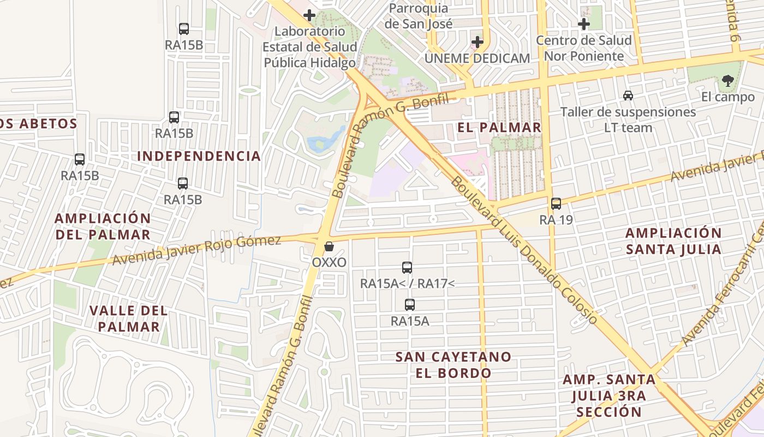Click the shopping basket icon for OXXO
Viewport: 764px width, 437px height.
point(329,246)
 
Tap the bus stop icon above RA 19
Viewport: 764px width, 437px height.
point(556,204)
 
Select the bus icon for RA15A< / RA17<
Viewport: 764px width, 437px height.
point(407,267)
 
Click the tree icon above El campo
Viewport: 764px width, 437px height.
point(727,81)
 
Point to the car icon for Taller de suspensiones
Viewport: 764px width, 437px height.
point(628,96)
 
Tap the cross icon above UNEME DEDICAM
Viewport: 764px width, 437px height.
point(477,42)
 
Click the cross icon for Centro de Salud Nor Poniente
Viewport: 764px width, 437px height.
point(584,24)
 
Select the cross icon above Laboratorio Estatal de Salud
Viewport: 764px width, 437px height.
point(309,15)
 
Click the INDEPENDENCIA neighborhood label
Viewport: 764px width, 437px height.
point(199,156)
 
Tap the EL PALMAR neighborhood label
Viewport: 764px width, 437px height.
point(499,128)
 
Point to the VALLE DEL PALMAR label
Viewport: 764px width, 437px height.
point(128,318)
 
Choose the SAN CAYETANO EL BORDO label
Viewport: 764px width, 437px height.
point(453,365)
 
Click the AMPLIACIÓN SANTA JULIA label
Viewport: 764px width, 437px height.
point(673,241)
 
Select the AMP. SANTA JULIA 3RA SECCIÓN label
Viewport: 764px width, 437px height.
point(609,395)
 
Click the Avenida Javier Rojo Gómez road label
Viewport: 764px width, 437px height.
point(196,250)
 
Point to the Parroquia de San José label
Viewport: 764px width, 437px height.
point(419,16)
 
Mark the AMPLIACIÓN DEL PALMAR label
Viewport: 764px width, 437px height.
point(103,226)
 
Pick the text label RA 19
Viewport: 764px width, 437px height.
point(556,220)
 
